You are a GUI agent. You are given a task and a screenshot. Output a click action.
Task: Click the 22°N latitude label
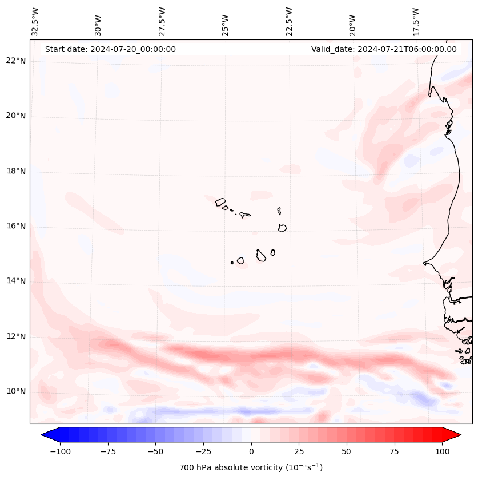click(x=17, y=61)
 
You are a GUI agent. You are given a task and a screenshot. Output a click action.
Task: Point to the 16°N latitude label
click(x=17, y=226)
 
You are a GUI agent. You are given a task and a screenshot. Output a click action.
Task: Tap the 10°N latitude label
click(x=17, y=392)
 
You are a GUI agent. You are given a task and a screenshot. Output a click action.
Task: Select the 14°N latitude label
click(x=17, y=281)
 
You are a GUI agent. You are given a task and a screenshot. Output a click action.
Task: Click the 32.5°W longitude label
click(x=35, y=21)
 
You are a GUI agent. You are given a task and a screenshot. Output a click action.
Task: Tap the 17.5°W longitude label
click(x=416, y=21)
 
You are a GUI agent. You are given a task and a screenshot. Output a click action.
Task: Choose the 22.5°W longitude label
click(x=289, y=21)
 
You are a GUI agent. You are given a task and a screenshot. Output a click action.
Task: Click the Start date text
click(x=110, y=49)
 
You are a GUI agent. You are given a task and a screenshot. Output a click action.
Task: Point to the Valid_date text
click(x=384, y=49)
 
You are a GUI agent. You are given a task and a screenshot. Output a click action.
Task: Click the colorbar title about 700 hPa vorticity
click(x=251, y=467)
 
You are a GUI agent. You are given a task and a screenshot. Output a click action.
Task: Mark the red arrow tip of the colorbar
click(x=460, y=434)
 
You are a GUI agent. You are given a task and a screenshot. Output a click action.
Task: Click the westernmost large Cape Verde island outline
click(x=220, y=202)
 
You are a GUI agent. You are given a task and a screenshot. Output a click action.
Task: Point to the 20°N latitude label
click(x=17, y=116)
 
